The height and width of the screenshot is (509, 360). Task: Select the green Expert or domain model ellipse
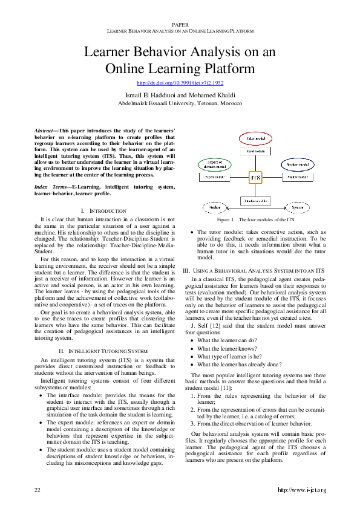215,164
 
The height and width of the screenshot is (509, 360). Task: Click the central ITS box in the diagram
256,178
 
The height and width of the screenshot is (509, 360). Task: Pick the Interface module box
256,199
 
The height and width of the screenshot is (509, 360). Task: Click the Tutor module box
256,152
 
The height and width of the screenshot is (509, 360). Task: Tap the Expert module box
215,177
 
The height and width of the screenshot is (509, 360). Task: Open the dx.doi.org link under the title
180,83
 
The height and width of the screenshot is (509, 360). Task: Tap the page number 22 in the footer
37,489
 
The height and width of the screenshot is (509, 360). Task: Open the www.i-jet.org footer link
301,489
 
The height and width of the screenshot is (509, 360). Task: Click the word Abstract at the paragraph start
43,130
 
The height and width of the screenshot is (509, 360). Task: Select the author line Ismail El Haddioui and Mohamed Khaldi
180,96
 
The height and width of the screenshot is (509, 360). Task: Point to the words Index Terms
50,187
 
